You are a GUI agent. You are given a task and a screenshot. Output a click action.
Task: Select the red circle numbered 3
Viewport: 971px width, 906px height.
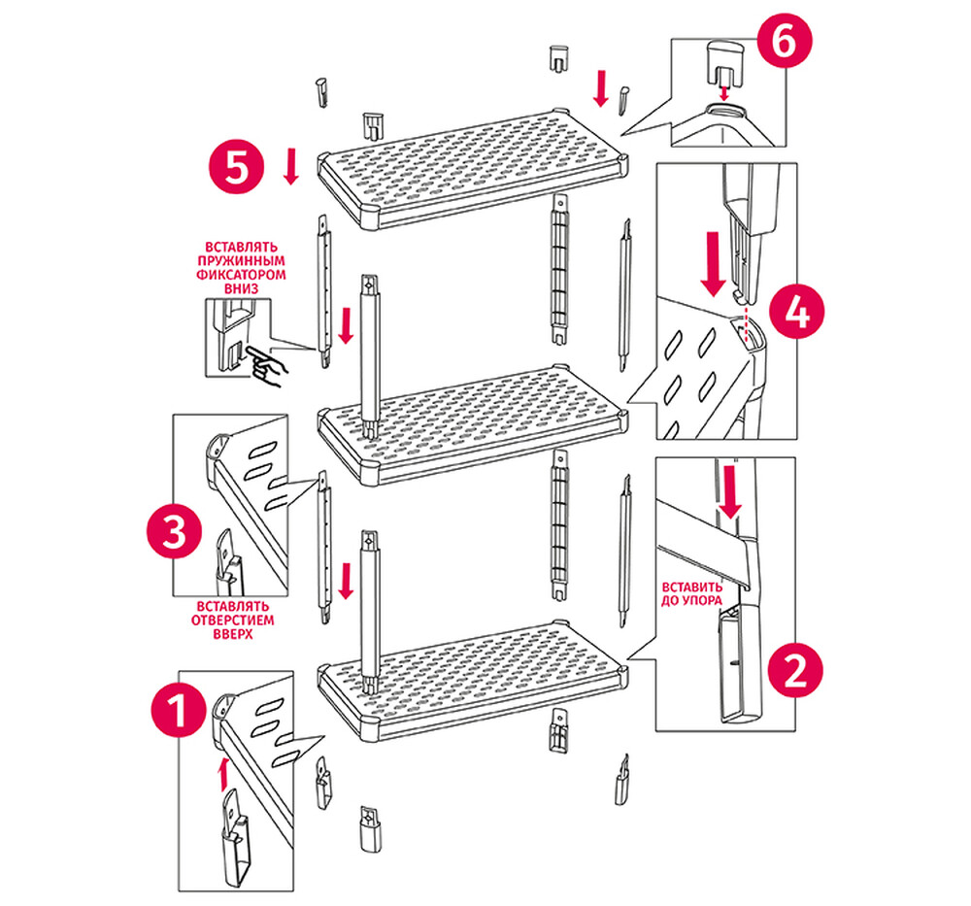coord(174,534)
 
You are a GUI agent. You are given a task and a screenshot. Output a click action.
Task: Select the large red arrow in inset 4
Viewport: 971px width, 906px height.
coord(715,263)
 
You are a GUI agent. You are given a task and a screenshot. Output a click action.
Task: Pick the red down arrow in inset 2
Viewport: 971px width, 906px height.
coord(732,495)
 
